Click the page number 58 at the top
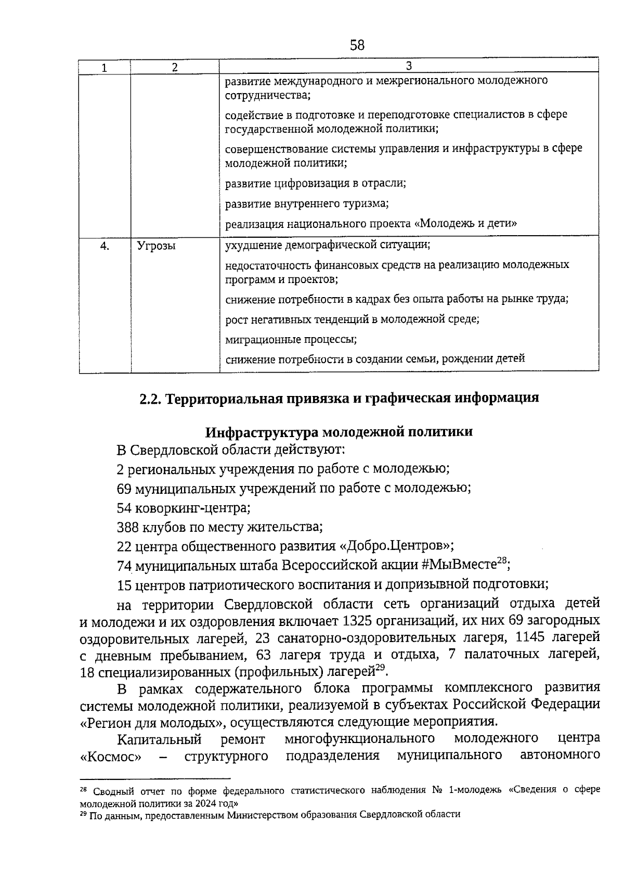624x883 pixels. pyautogui.click(x=357, y=45)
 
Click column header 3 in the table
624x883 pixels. pyautogui.click(x=409, y=66)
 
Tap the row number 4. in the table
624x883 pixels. pyautogui.click(x=105, y=247)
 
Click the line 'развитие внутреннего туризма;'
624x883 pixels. pyautogui.click(x=307, y=203)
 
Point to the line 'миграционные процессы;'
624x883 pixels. pyautogui.click(x=291, y=339)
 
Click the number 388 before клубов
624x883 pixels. pyautogui.click(x=128, y=527)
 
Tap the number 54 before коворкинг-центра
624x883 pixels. pyautogui.click(x=124, y=507)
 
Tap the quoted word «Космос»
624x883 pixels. pyautogui.click(x=111, y=756)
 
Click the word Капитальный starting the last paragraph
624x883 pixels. pyautogui.click(x=159, y=739)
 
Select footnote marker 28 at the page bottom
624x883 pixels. pyautogui.click(x=83, y=790)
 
